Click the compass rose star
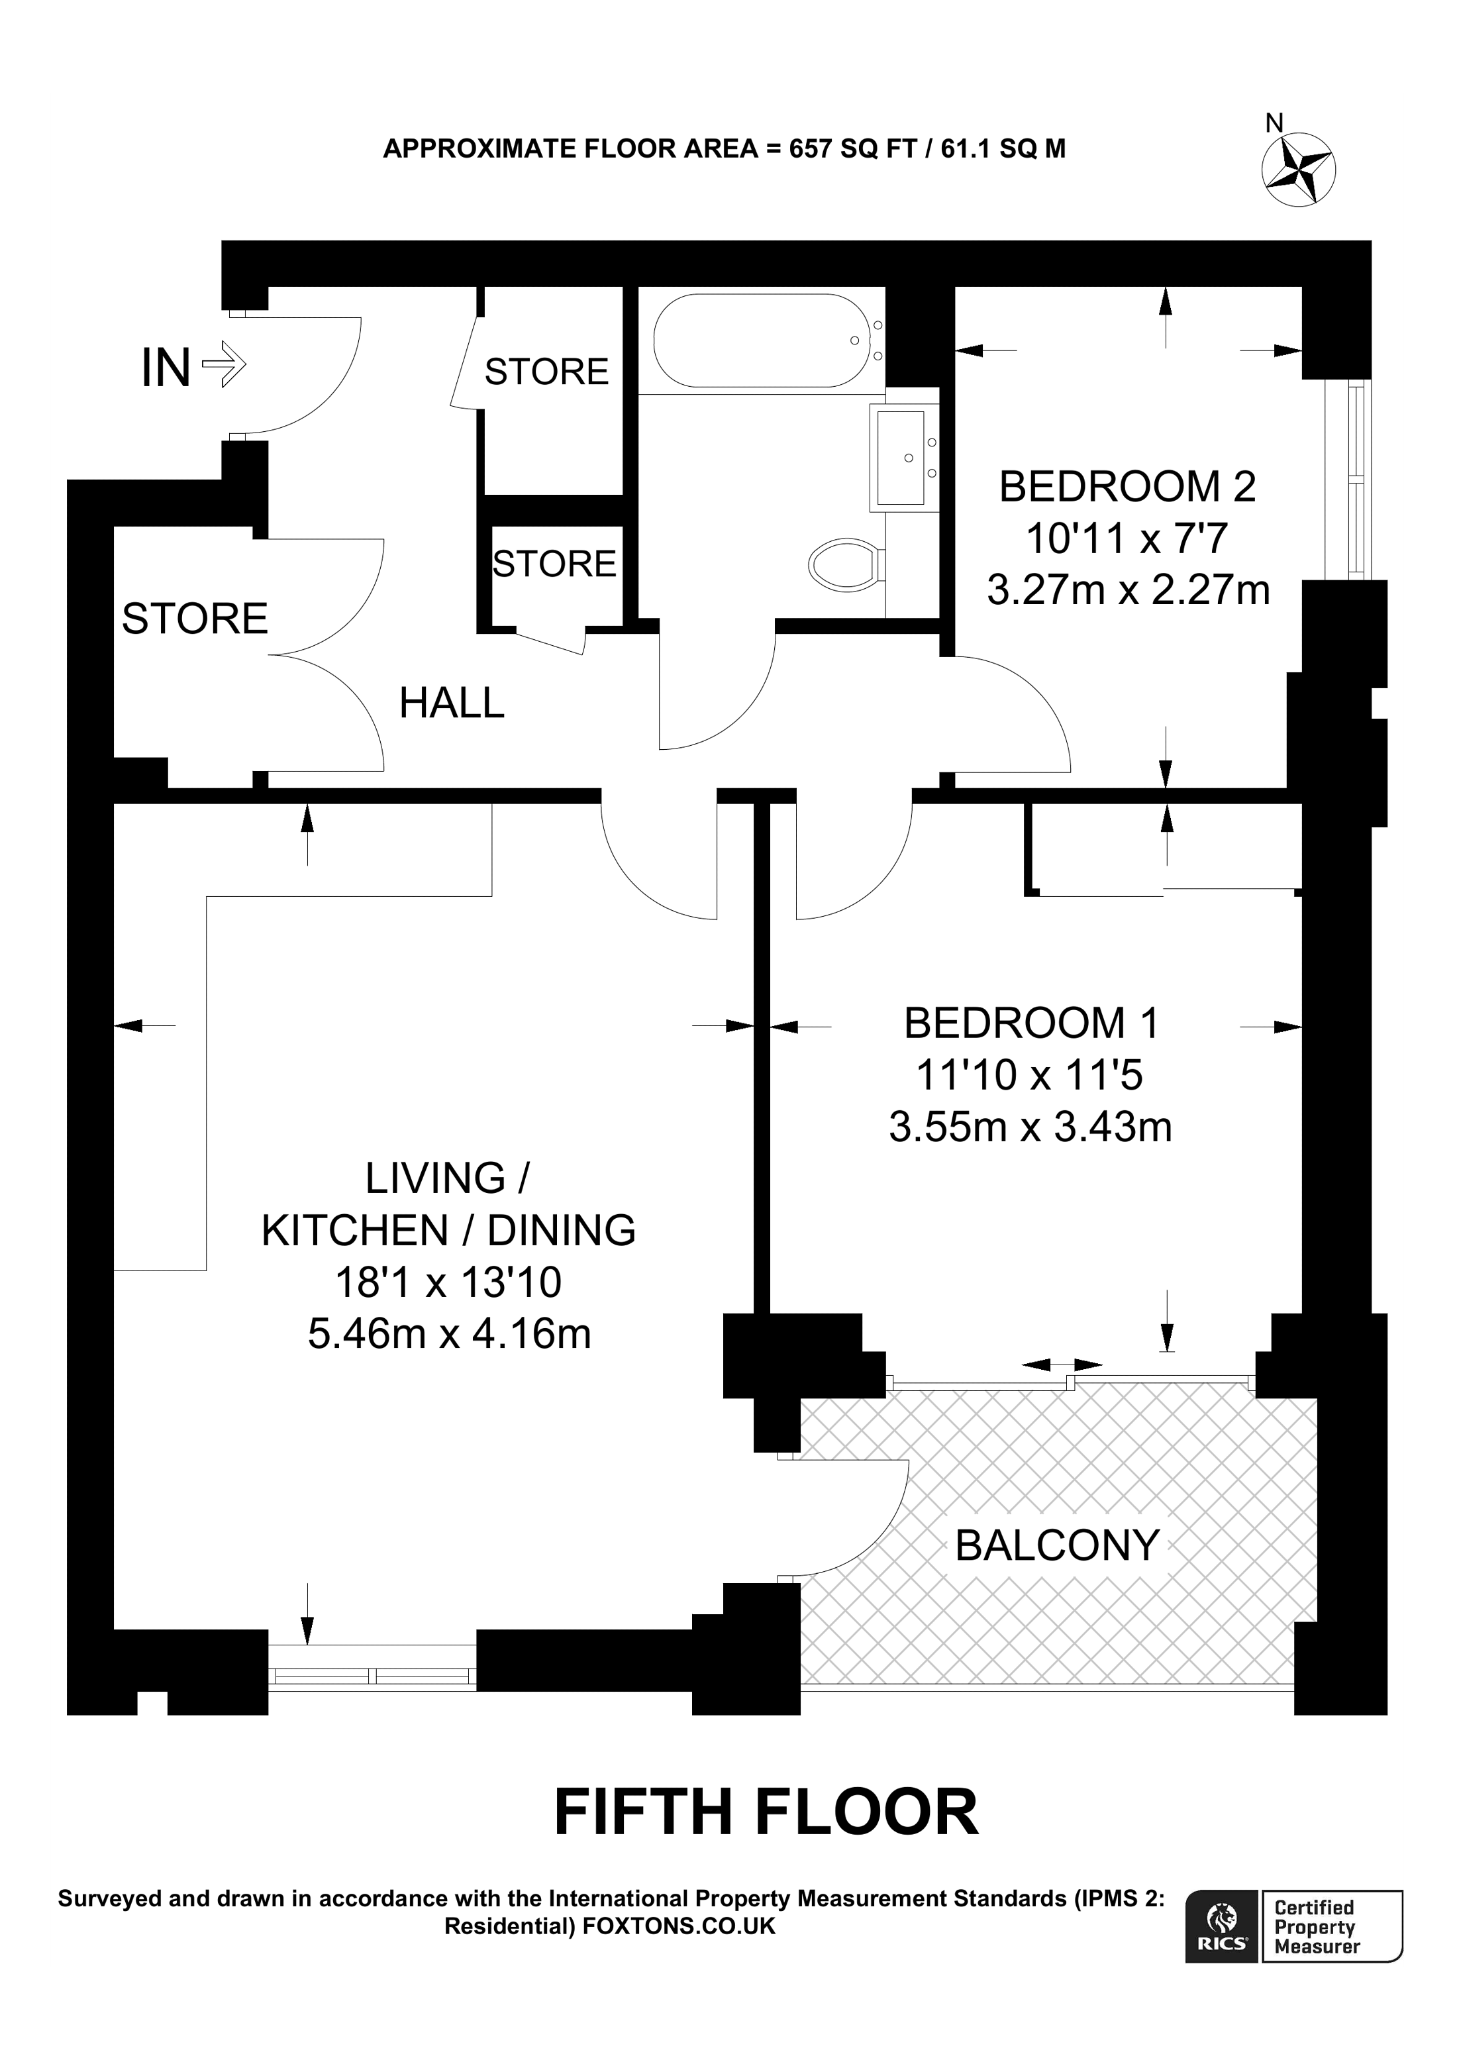click(x=1299, y=169)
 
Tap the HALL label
click(x=452, y=703)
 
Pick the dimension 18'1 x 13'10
click(x=448, y=1282)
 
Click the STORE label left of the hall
click(x=195, y=619)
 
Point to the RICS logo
click(x=1221, y=1926)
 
